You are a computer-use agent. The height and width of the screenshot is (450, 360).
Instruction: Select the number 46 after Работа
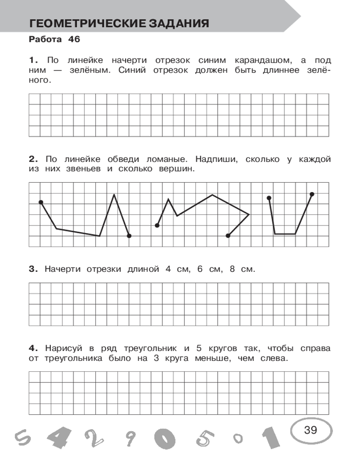click(x=74, y=39)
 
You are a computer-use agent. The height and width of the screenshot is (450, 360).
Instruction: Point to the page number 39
click(x=310, y=430)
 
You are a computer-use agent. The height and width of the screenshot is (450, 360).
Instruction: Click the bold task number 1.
click(x=32, y=60)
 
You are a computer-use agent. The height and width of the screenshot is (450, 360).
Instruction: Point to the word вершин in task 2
click(x=175, y=169)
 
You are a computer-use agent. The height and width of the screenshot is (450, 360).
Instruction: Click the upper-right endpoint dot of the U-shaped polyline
click(x=312, y=194)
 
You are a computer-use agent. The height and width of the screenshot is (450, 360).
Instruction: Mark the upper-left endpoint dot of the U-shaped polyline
click(x=269, y=198)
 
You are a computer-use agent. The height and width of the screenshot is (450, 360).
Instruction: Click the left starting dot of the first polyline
click(x=41, y=202)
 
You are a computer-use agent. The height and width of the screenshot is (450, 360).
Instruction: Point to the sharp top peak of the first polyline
click(x=114, y=194)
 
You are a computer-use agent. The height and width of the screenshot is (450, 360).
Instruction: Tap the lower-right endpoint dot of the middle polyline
click(x=228, y=235)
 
